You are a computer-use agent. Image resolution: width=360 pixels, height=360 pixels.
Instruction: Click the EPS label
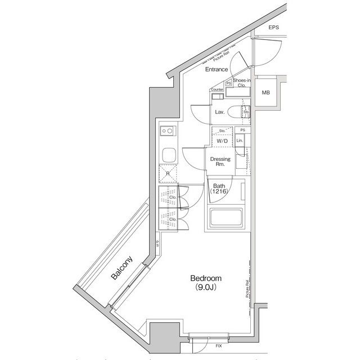click(x=273, y=28)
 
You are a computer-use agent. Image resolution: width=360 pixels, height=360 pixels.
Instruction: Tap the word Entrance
click(x=216, y=69)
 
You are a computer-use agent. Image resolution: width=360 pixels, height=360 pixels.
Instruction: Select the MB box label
click(x=264, y=92)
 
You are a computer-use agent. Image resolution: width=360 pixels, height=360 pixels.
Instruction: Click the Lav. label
click(x=219, y=112)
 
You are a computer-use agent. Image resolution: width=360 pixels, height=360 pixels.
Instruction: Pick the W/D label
click(x=223, y=141)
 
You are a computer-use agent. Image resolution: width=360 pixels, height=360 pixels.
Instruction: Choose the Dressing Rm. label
click(x=220, y=162)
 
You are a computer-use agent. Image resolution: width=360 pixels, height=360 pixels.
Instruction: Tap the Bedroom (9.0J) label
click(x=206, y=282)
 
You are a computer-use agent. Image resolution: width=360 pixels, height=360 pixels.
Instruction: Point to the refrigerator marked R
click(x=168, y=174)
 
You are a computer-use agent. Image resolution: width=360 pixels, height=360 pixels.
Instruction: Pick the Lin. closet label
click(x=240, y=140)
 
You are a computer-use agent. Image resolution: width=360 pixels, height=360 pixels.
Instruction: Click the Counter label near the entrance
click(x=217, y=90)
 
